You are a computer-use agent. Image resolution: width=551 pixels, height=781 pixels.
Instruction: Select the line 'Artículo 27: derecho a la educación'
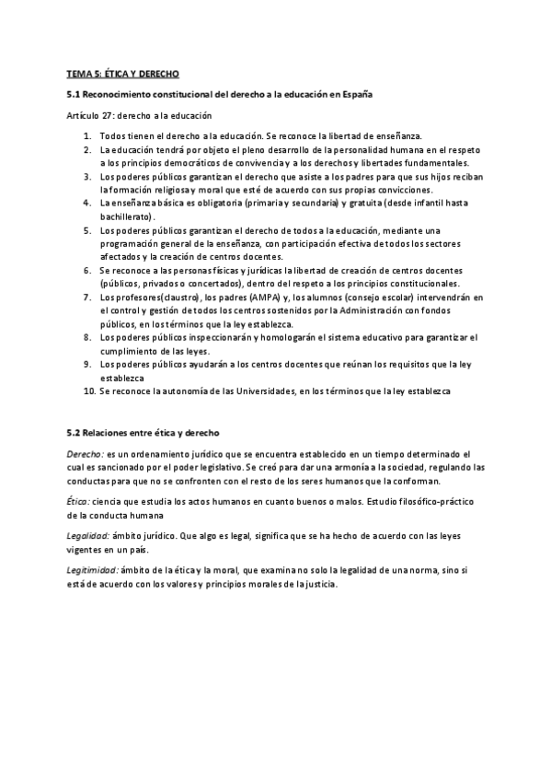139,116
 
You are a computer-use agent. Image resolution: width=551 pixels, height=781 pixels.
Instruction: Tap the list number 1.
87,135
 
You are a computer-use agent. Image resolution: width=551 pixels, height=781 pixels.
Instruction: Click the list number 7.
87,297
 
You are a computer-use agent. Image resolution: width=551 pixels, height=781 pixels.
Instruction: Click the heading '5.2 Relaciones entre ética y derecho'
143,432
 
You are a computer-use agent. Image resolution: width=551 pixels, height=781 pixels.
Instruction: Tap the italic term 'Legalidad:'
88,536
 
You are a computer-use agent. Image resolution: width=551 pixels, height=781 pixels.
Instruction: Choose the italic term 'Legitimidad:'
92,571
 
